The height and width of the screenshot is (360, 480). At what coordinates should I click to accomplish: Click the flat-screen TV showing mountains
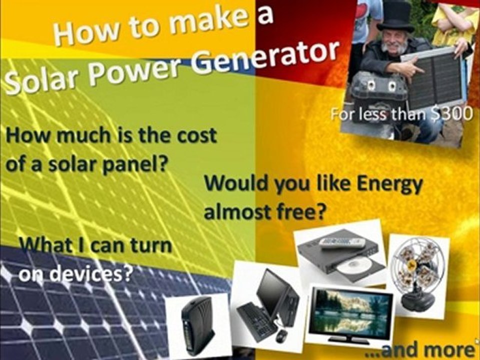[350, 313]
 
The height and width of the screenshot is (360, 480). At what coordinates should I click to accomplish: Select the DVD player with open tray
[340, 252]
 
